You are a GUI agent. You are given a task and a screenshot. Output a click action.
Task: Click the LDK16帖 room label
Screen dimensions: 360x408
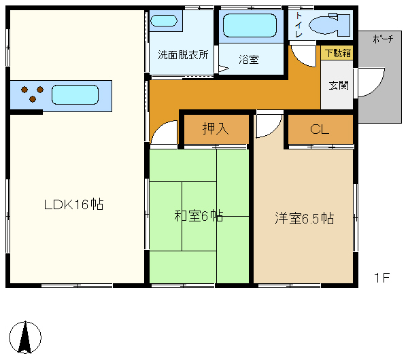click(x=73, y=204)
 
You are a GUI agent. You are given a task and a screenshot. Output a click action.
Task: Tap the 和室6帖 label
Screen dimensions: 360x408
click(x=199, y=217)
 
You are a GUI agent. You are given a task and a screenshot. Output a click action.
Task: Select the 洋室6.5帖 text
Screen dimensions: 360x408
click(x=305, y=218)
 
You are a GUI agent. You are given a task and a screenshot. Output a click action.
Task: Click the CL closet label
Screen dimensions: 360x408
click(x=320, y=129)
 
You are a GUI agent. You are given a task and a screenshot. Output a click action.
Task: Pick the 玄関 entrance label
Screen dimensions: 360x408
click(x=338, y=86)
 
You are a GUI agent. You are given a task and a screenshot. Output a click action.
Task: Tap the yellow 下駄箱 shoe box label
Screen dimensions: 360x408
click(x=337, y=52)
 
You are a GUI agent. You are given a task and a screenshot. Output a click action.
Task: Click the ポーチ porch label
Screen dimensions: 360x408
click(x=383, y=39)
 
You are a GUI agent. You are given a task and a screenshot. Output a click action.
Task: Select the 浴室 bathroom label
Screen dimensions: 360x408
click(x=248, y=60)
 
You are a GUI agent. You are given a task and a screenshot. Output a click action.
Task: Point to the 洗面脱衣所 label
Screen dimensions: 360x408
click(x=183, y=54)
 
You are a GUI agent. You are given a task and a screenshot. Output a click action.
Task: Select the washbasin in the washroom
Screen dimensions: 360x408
click(x=163, y=21)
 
